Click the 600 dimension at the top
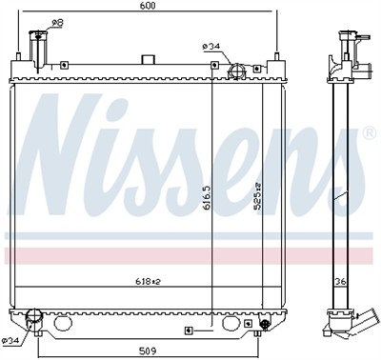click(148, 6)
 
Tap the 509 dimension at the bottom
click(148, 351)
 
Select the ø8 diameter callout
click(57, 23)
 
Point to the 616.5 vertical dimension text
click(208, 197)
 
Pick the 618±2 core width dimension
click(147, 281)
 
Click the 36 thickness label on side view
click(341, 281)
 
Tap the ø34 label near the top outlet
click(211, 47)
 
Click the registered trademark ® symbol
click(370, 133)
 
